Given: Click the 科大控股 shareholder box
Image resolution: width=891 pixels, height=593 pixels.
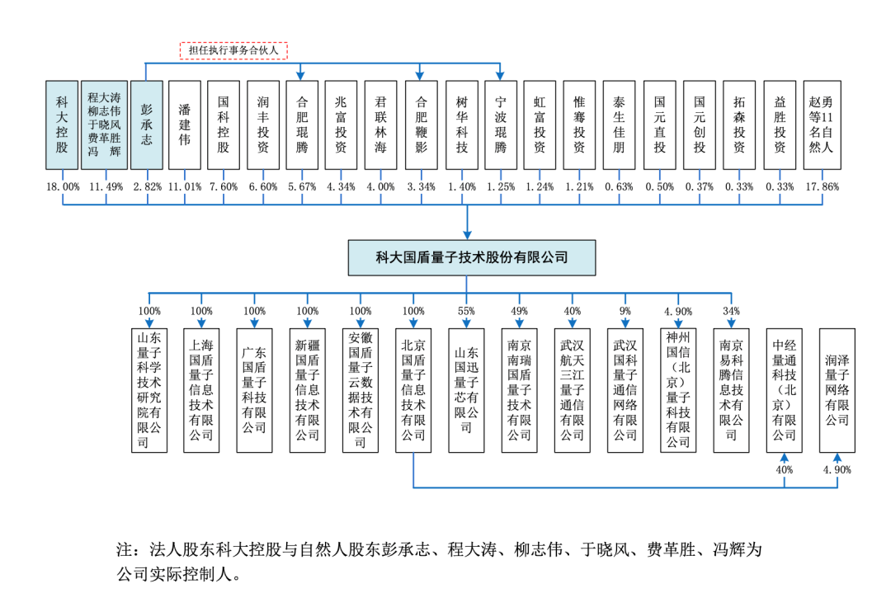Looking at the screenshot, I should tap(62, 125).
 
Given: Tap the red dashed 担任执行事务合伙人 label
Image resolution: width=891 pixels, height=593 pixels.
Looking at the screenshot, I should tap(233, 50).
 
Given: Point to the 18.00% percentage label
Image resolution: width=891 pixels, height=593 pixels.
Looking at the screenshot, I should tap(63, 187).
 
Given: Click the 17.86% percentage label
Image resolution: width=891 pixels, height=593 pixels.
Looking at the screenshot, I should tap(822, 187).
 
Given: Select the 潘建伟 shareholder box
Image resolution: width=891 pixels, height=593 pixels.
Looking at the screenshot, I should tap(185, 125).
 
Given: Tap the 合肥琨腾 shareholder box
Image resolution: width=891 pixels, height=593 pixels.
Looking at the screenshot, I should tap(302, 125).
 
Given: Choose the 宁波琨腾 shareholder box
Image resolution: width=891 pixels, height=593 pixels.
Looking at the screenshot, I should tap(501, 125).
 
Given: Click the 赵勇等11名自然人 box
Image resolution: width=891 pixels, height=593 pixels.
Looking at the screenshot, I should tap(822, 125).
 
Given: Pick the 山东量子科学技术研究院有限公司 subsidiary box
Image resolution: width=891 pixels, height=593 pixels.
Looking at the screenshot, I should tap(149, 389).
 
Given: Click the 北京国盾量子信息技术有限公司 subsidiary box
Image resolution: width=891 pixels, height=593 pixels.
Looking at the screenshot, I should tap(413, 389).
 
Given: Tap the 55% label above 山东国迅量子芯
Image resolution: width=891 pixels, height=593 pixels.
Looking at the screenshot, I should tap(467, 311).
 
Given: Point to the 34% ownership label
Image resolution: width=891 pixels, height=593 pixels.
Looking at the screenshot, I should tap(731, 311).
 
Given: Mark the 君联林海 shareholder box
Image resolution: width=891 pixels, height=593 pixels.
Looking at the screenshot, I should tap(381, 125).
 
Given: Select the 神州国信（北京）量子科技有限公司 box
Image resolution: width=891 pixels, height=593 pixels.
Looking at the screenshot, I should tap(678, 389).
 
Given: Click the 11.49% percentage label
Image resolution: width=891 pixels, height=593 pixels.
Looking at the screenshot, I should tap(105, 187).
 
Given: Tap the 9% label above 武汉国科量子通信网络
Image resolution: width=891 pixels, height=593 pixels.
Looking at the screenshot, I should tap(625, 311).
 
